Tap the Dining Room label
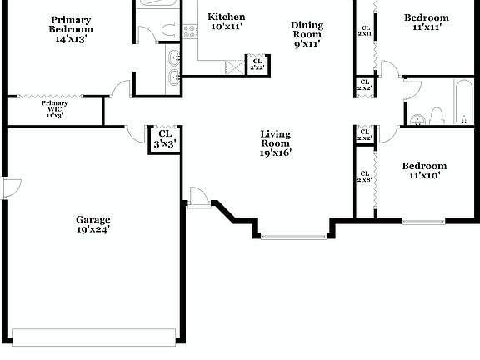pyautogui.click(x=307, y=35)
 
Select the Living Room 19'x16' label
pyautogui.click(x=275, y=143)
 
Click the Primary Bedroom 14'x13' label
pyautogui.click(x=71, y=29)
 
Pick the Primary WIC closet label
pyautogui.click(x=54, y=109)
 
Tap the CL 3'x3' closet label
pyautogui.click(x=165, y=138)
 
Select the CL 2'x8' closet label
pyautogui.click(x=364, y=177)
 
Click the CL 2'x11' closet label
pyautogui.click(x=364, y=31)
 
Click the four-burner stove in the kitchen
pyautogui.click(x=188, y=32)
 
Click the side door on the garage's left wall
pyautogui.click(x=9, y=188)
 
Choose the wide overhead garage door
pyautogui.click(x=94, y=336)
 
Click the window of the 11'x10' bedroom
pyautogui.click(x=422, y=221)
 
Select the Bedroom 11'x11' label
pyautogui.click(x=426, y=22)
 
